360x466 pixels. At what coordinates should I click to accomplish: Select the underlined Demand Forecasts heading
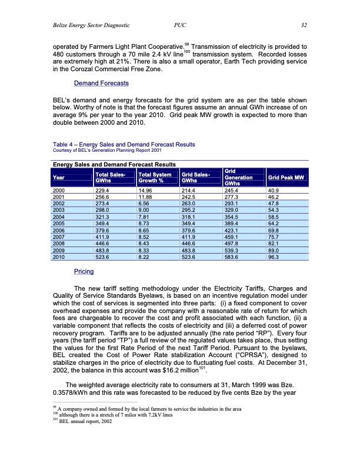(101, 84)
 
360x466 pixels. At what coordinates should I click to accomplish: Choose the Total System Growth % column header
(155, 177)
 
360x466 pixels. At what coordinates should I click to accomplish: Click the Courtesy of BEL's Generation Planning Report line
(105, 150)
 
